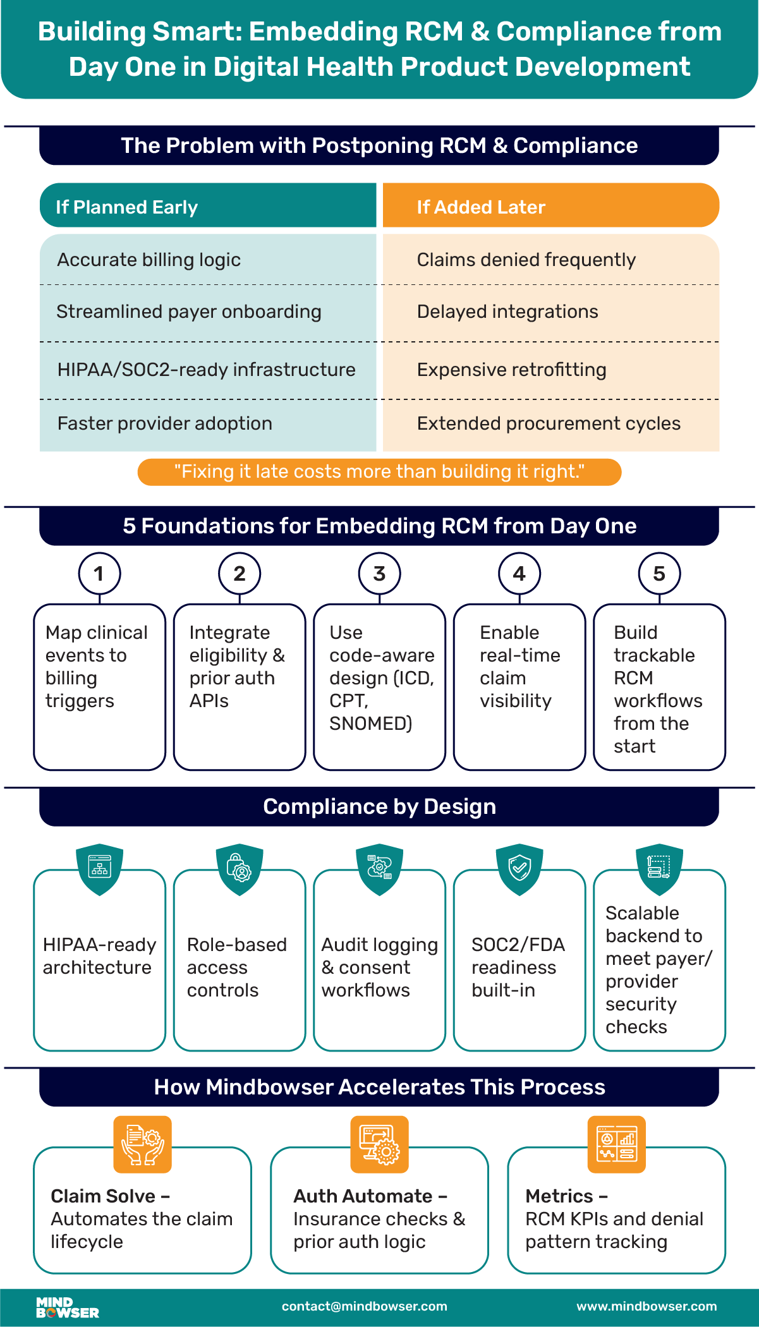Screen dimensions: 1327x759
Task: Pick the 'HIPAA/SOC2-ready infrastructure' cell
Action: coord(206,370)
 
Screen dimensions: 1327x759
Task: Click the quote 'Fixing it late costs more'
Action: coord(379,472)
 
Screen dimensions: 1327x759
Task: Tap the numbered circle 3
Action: coord(379,574)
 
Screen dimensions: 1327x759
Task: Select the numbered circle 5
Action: coord(659,574)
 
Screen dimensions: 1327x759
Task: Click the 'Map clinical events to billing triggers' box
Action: coord(99,686)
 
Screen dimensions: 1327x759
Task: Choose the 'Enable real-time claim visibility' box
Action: coord(519,686)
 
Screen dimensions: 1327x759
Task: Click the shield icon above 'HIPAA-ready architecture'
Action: coord(99,868)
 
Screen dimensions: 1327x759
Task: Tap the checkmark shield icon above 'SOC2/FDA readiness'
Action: coord(519,868)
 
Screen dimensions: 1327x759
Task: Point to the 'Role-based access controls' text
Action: coord(236,967)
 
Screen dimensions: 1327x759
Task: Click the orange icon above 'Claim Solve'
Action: coord(142,1144)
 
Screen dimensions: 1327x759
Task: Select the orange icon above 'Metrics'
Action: coord(616,1144)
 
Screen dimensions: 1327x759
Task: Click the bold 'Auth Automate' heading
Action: coord(363,1196)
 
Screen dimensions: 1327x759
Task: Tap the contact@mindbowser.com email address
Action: coord(364,1306)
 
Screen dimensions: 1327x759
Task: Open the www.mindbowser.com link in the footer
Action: coord(647,1306)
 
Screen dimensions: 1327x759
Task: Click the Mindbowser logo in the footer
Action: coord(67,1307)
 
